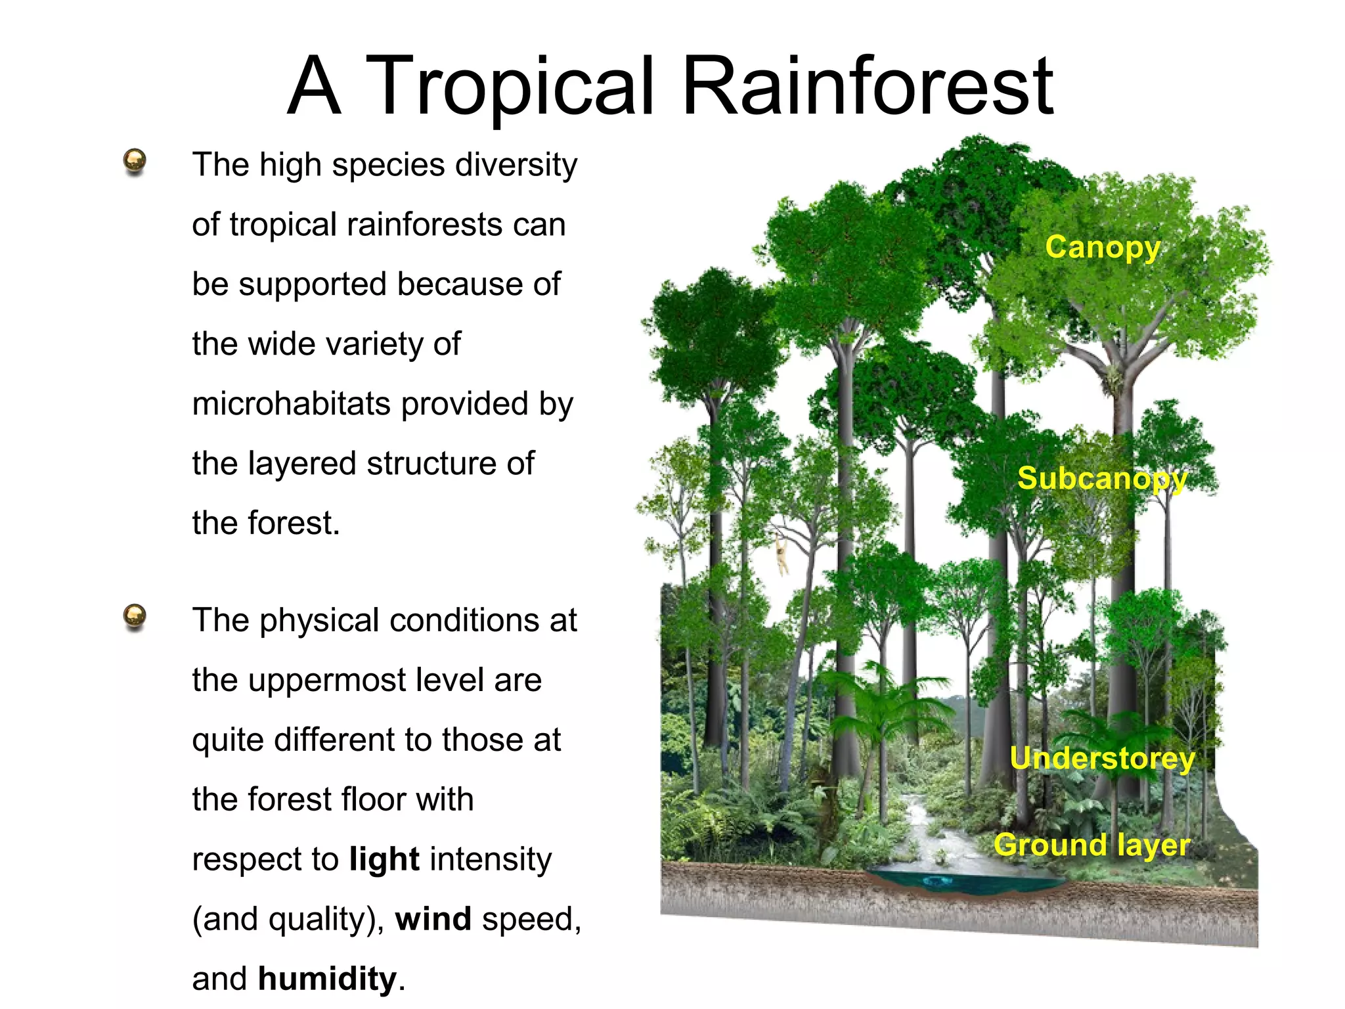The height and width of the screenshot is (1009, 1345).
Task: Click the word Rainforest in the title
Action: tap(868, 87)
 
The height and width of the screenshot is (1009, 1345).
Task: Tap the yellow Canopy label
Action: tap(1103, 248)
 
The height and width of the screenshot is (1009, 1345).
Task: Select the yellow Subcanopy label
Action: tap(1102, 479)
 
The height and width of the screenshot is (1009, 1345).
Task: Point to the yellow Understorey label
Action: tap(1102, 759)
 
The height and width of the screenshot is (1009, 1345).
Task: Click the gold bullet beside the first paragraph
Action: tap(135, 161)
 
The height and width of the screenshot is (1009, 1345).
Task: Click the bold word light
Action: tap(384, 859)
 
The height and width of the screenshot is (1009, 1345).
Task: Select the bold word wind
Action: tap(433, 919)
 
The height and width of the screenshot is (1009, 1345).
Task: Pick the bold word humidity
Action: tap(328, 979)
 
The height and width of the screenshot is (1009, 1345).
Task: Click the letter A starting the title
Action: tap(315, 87)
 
